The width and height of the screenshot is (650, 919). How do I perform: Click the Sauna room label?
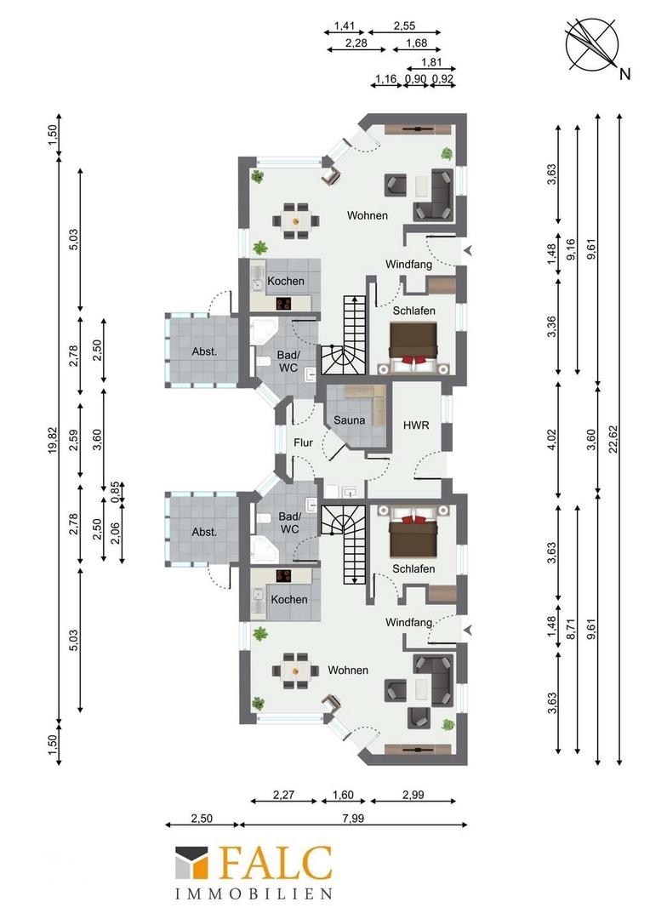[350, 420]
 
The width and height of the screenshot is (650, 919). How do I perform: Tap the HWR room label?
[416, 425]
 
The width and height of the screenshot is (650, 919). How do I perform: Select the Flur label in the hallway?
[303, 443]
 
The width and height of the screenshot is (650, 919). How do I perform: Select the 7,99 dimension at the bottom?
[353, 818]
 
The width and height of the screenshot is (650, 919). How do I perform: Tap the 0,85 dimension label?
[115, 492]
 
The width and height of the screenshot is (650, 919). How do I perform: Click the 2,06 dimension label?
[115, 533]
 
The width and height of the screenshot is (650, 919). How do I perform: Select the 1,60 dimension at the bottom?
[343, 796]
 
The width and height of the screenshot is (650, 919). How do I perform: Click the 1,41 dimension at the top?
[345, 26]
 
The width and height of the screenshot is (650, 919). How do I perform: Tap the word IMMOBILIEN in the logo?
[254, 893]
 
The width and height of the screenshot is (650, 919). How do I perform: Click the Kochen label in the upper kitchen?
[286, 282]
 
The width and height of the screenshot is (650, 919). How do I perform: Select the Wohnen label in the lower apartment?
[348, 670]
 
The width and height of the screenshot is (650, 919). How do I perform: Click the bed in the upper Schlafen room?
[415, 348]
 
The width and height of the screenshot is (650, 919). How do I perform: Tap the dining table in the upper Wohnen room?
[296, 220]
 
